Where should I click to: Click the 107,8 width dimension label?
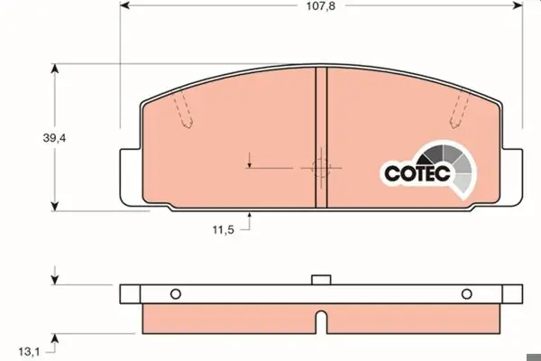(321, 6)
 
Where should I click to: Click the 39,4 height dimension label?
(54, 138)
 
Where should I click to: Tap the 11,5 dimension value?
(224, 229)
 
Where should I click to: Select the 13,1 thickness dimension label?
(29, 352)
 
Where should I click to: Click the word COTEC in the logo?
(417, 172)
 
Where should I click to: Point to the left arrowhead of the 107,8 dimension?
(124, 5)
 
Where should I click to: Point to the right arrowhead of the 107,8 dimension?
(518, 5)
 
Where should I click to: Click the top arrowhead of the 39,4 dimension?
(55, 69)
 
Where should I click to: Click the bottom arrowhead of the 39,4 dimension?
(55, 207)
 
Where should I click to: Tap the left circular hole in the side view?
(176, 294)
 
